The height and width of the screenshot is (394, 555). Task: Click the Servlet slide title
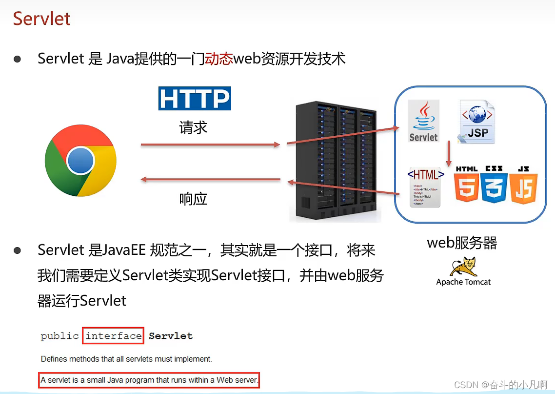[x=42, y=19]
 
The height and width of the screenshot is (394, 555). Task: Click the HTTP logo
[x=195, y=99]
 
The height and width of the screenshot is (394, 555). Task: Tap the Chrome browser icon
[x=80, y=161]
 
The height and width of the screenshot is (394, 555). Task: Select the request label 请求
[x=193, y=128]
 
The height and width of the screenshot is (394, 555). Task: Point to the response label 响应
[x=193, y=199]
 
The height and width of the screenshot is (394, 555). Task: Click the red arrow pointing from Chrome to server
[x=210, y=145]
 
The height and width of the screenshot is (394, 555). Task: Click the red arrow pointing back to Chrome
[x=210, y=180]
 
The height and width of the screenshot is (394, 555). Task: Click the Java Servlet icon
[x=423, y=121]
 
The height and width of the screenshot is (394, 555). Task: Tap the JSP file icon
[x=476, y=122]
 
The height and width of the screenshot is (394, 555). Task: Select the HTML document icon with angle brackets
[x=425, y=187]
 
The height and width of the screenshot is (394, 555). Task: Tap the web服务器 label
[x=462, y=243]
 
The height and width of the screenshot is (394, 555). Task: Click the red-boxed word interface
[x=114, y=336]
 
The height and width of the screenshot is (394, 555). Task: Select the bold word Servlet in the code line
[x=171, y=336]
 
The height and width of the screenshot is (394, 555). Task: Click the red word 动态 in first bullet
[x=219, y=59]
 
